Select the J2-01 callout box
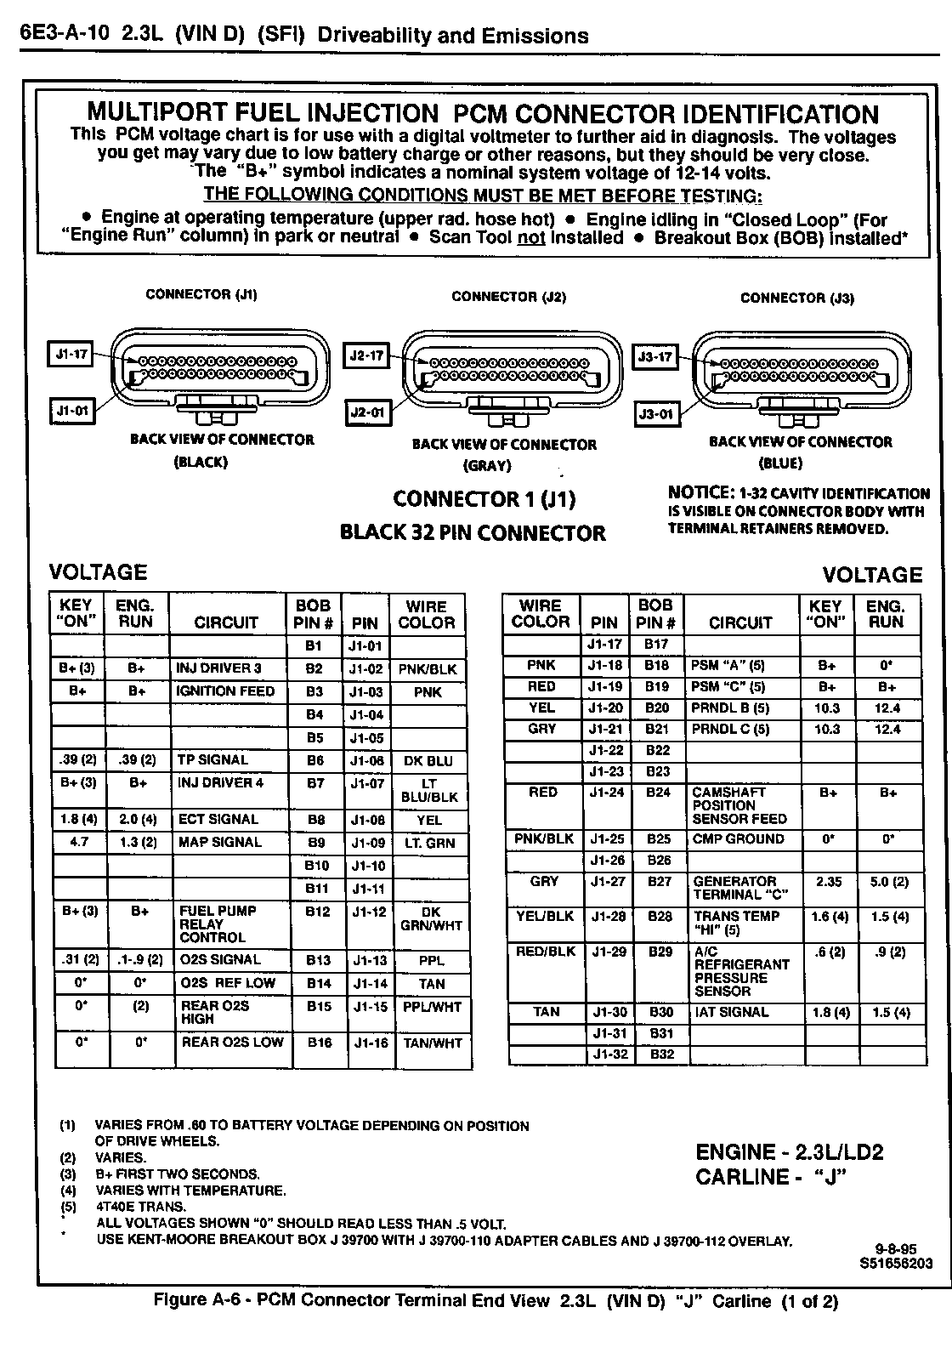tap(368, 413)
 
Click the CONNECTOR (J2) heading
tap(508, 297)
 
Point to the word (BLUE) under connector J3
tap(779, 463)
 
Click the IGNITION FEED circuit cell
tap(226, 691)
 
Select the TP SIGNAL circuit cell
tap(213, 760)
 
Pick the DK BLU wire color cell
tap(428, 761)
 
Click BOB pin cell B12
tap(317, 912)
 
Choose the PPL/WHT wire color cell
tap(432, 1007)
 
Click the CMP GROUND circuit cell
tap(739, 839)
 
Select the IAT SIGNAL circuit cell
tap(731, 1013)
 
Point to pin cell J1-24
tap(606, 793)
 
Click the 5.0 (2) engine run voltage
tap(889, 882)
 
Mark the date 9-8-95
tap(896, 1249)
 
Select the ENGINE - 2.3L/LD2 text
tap(790, 1153)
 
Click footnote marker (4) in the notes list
tap(68, 1191)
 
